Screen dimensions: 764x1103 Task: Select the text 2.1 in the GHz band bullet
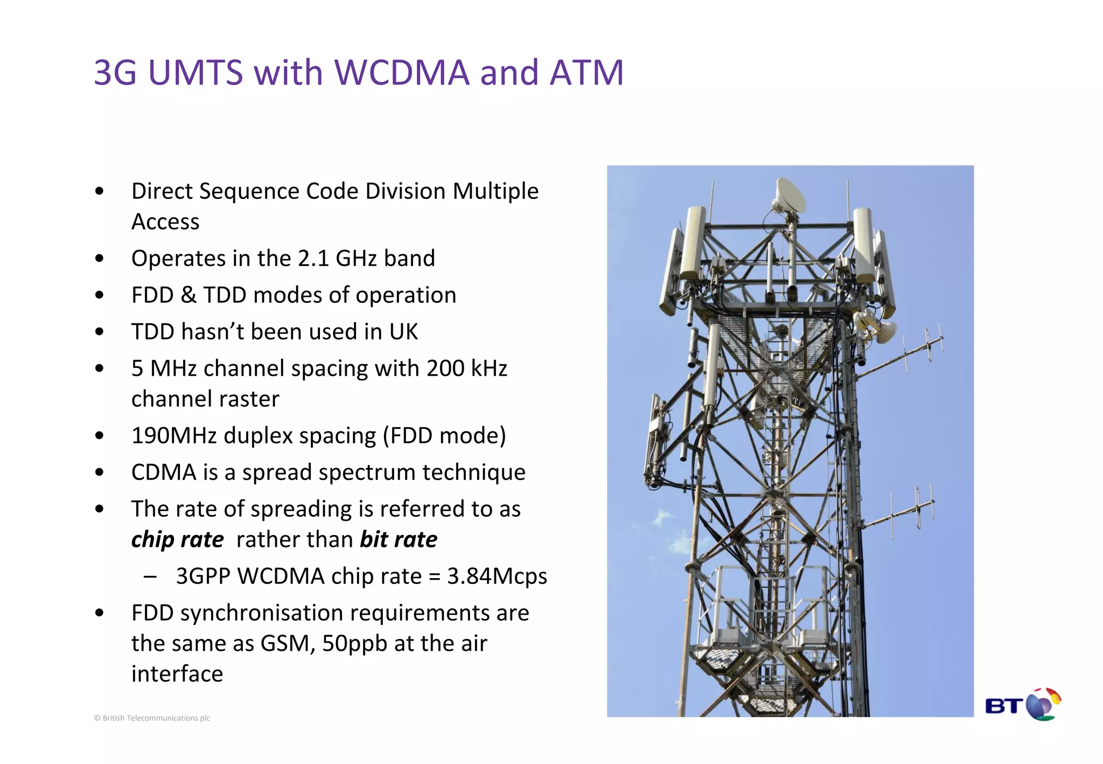coord(313,259)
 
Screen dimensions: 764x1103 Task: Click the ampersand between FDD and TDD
coord(189,295)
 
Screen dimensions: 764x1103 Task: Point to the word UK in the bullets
coord(403,332)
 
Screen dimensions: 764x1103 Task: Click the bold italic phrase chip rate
coord(177,540)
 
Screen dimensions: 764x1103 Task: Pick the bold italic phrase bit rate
coord(399,540)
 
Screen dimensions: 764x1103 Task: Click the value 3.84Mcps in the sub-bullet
coord(497,577)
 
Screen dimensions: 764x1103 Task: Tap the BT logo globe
coord(1043,704)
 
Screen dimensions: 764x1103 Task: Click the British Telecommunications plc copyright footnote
coord(152,718)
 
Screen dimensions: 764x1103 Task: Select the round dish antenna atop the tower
coord(790,196)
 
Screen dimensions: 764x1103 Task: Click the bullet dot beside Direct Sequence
coord(99,191)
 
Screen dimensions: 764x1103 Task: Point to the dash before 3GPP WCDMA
coord(150,577)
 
